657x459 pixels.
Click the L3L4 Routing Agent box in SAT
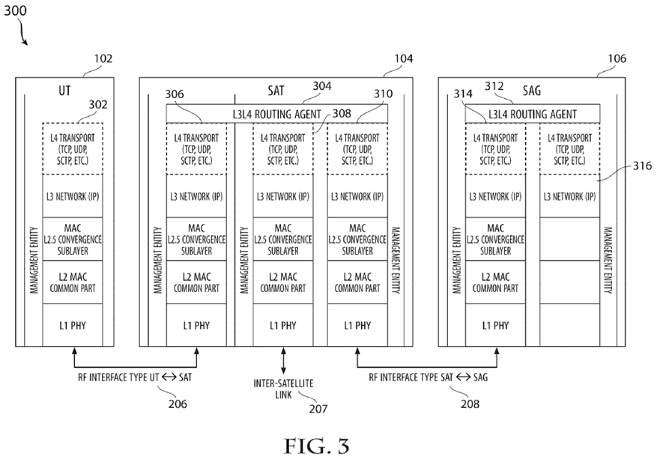pos(276,114)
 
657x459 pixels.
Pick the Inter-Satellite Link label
pos(282,388)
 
